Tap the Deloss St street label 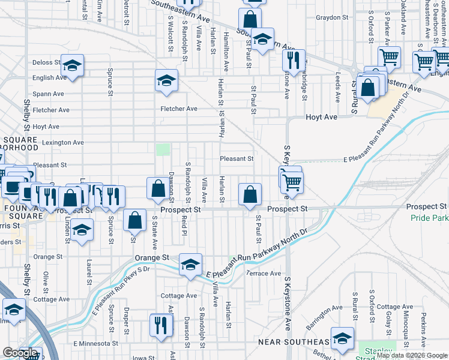(x=47, y=62)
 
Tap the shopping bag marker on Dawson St (x=157, y=189)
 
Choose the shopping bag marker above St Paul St (x=249, y=194)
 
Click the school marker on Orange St (x=190, y=265)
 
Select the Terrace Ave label (x=264, y=274)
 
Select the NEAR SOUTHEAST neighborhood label (x=294, y=342)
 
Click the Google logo (x=20, y=352)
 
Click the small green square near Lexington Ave (x=163, y=149)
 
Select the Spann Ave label (x=48, y=94)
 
